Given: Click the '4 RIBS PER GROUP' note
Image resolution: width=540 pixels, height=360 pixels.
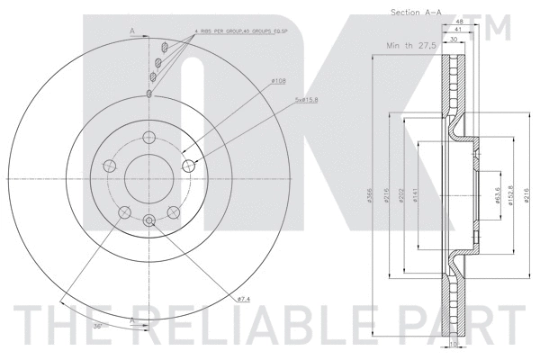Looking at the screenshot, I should pyautogui.click(x=233, y=32).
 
